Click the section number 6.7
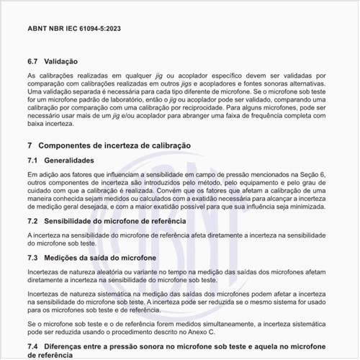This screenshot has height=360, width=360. [x=33, y=61]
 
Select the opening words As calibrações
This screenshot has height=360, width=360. [x=48, y=76]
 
